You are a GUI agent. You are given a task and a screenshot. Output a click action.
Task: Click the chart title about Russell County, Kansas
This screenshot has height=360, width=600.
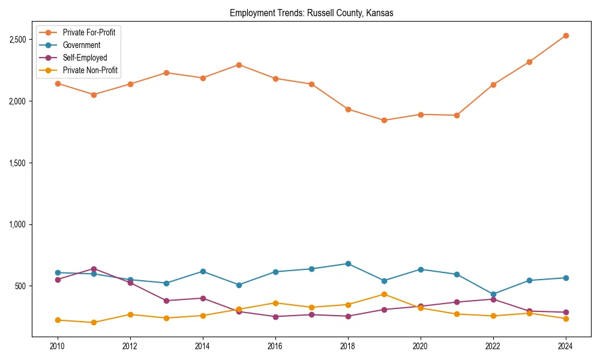[311, 13]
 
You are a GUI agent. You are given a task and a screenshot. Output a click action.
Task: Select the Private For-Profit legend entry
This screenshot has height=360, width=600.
[89, 32]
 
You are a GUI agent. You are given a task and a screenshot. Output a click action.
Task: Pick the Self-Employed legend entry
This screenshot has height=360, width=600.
[85, 58]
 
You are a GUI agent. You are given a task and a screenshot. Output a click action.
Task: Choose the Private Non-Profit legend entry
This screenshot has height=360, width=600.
[90, 70]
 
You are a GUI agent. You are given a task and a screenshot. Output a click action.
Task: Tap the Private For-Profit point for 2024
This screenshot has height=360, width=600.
[566, 36]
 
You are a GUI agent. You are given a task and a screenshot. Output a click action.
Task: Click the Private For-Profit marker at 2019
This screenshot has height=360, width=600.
[384, 120]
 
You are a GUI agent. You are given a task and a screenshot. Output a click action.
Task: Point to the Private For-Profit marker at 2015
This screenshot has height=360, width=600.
[239, 65]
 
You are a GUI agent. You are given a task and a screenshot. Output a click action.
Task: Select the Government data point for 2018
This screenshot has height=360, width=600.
[348, 263]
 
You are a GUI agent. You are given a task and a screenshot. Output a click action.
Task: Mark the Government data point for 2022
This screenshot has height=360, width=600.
[493, 295]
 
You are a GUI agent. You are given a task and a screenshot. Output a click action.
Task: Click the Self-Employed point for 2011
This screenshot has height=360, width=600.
[94, 269]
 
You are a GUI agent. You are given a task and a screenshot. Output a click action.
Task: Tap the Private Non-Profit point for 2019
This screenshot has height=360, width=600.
[384, 294]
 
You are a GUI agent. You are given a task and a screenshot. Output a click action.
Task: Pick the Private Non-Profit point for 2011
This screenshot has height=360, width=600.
[94, 322]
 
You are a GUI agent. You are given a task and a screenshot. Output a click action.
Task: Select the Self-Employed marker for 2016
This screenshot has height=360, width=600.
[275, 317]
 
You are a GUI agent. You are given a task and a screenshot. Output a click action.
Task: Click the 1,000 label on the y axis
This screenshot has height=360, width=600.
[18, 224]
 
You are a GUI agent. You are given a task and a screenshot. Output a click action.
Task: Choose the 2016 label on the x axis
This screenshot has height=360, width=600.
[275, 346]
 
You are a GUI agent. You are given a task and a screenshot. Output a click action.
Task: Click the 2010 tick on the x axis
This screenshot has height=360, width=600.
[58, 346]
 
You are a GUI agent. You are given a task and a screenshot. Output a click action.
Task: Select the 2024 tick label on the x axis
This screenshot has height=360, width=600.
[566, 346]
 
